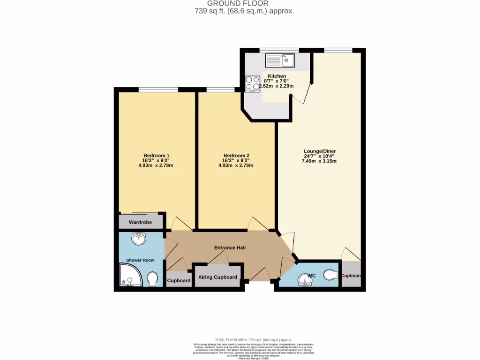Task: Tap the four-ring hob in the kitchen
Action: point(252,83)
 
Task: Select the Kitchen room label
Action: point(277,76)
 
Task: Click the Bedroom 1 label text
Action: point(156,156)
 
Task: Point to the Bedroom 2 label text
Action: point(236,156)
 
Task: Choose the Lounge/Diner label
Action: point(320,151)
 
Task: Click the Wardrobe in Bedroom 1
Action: point(141,222)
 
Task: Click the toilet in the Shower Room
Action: point(152,279)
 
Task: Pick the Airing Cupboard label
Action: point(217,277)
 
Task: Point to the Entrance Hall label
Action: point(230,247)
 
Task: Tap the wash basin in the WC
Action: point(306,282)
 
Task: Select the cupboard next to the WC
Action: point(351,276)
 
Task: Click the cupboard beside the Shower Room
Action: point(179,280)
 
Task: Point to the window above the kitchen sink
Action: point(279,50)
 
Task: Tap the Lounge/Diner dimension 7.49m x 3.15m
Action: point(319,161)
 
